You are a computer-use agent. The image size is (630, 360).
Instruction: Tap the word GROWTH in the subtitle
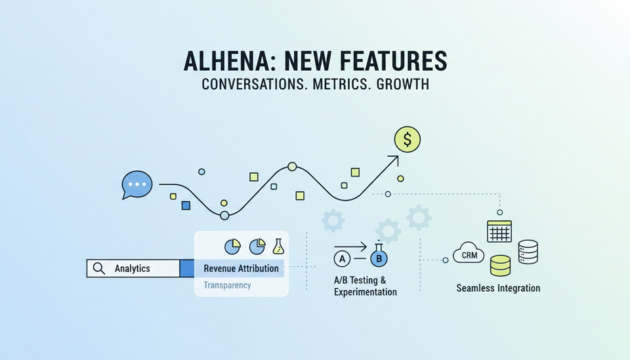pyautogui.click(x=403, y=85)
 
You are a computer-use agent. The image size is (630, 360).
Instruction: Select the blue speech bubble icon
pyautogui.click(x=137, y=185)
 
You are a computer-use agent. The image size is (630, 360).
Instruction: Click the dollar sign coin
pyautogui.click(x=408, y=140)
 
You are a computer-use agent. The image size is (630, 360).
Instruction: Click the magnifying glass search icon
pyautogui.click(x=99, y=268)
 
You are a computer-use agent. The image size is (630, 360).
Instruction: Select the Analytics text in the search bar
pyautogui.click(x=132, y=268)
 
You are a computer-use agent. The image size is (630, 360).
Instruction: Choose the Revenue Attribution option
pyautogui.click(x=241, y=268)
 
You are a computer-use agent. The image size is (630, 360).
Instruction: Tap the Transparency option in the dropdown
pyautogui.click(x=227, y=285)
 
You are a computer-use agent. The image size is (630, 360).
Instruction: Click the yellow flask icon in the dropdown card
pyautogui.click(x=278, y=247)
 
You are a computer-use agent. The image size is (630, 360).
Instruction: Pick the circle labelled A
pyautogui.click(x=342, y=259)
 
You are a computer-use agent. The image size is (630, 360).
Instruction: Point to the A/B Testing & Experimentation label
pyautogui.click(x=366, y=286)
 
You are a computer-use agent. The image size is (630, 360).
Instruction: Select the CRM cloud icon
pyautogui.click(x=469, y=253)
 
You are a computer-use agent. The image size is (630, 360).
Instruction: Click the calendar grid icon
pyautogui.click(x=499, y=231)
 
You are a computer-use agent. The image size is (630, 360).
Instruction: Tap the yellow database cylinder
pyautogui.click(x=500, y=266)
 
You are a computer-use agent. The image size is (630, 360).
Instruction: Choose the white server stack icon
pyautogui.click(x=528, y=252)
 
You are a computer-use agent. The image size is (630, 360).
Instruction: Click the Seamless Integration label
pyautogui.click(x=498, y=288)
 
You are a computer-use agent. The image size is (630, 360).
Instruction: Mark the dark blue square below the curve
pyautogui.click(x=186, y=205)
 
